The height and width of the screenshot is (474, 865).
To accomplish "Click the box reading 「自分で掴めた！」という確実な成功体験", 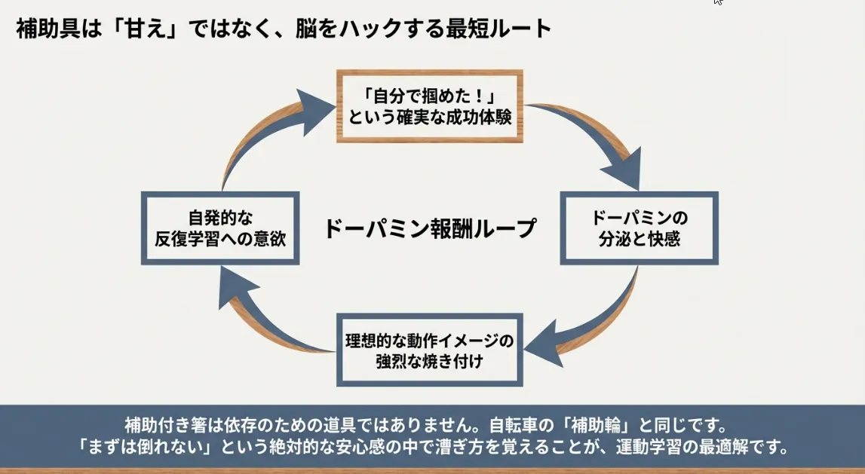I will [429, 106].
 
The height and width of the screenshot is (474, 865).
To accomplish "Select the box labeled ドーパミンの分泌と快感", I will [639, 228].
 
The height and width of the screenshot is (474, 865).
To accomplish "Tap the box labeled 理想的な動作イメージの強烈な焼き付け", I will [429, 350].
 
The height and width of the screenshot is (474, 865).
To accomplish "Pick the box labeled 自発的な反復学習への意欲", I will [220, 228].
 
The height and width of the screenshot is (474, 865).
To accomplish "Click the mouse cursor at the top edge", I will [718, 2].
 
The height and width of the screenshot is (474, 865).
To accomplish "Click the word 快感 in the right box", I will [665, 239].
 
